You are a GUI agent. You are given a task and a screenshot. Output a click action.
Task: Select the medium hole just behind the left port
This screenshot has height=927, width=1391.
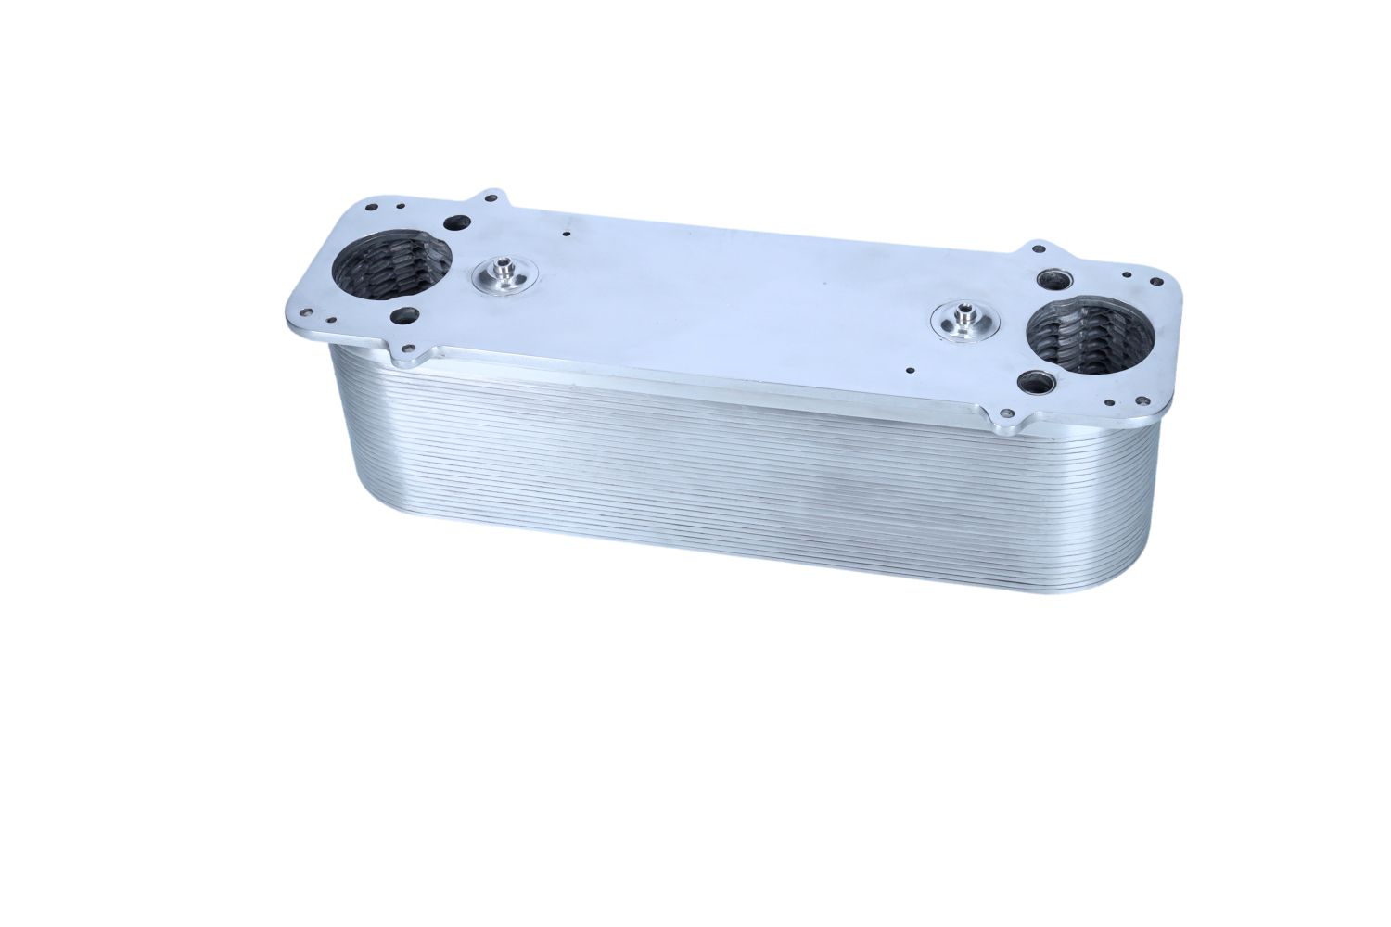[x=457, y=222]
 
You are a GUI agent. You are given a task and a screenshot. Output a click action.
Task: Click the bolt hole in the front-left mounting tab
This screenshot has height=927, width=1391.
[x=405, y=349]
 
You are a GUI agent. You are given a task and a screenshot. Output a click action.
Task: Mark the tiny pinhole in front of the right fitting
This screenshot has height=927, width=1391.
[x=910, y=372]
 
